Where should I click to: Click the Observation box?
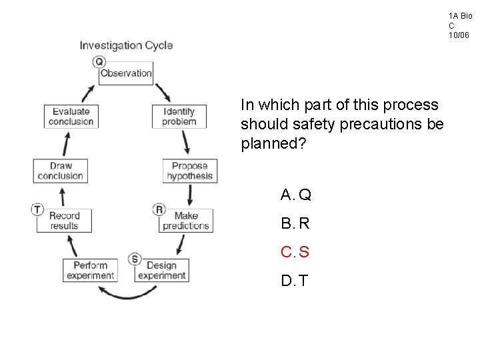point(126,73)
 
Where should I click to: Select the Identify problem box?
point(179,116)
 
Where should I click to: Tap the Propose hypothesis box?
point(189,171)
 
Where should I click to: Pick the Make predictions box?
point(186,221)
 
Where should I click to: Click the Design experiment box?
point(161,270)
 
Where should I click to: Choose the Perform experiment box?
point(91,270)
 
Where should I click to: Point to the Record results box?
point(64,221)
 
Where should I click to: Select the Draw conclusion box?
point(60,171)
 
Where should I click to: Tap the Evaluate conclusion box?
point(71,116)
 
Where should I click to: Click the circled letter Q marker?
point(99,62)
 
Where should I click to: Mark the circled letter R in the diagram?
point(159,209)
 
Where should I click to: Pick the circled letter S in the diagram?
point(135,259)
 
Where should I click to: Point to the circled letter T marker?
point(37,209)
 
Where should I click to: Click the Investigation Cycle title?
point(126,45)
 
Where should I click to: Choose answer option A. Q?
point(296,195)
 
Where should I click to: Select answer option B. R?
point(296,223)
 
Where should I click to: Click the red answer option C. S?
point(295,252)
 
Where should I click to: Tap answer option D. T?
point(295,281)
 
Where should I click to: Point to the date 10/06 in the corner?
point(459,35)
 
